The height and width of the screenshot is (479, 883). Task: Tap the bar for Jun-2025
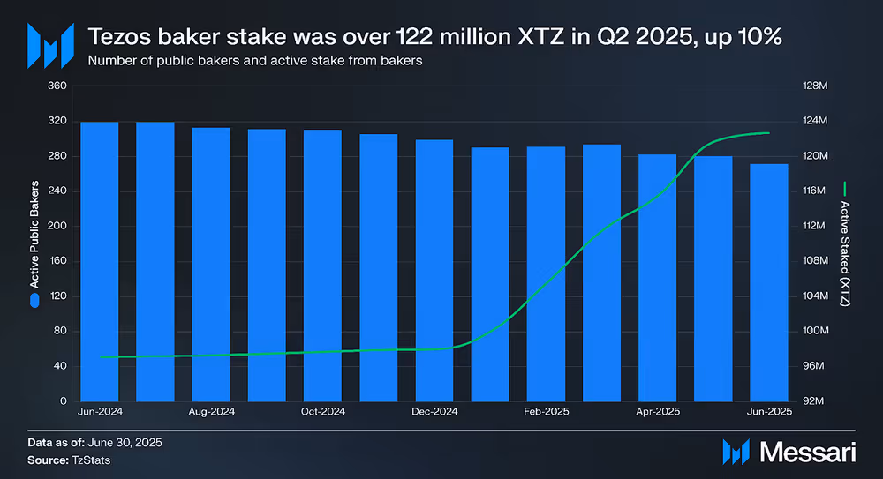[769, 282]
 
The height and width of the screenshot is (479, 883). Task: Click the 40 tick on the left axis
[60, 366]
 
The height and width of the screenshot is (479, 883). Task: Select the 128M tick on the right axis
[813, 86]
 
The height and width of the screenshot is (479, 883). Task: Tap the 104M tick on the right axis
[813, 296]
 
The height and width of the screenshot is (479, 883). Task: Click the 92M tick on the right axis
[813, 401]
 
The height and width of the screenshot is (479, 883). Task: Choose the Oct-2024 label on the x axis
[322, 412]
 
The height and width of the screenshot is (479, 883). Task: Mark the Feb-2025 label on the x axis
[546, 412]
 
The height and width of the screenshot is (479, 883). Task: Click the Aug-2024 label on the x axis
[211, 412]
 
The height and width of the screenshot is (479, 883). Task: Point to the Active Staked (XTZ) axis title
[845, 252]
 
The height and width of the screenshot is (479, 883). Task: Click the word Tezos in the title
[117, 39]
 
